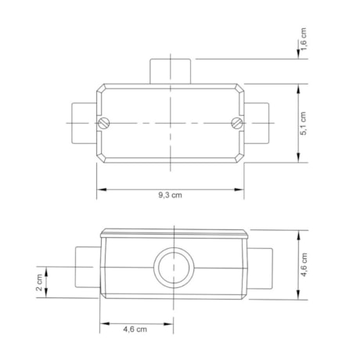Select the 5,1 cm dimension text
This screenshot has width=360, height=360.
(304, 123)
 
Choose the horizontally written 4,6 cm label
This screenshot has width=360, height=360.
(135, 329)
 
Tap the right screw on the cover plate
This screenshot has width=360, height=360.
(237, 122)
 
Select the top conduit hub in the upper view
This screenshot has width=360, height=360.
(171, 70)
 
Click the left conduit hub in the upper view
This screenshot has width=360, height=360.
(81, 123)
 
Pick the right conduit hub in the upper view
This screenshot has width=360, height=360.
(260, 123)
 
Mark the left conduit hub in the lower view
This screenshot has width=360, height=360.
(87, 266)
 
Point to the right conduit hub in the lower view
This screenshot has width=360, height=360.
(257, 266)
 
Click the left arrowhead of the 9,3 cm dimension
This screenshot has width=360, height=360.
(100, 189)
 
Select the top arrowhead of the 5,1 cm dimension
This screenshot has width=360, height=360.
(299, 87)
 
